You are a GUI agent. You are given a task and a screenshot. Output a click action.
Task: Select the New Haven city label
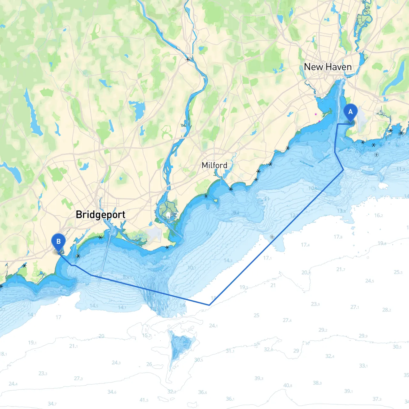(x=328, y=67)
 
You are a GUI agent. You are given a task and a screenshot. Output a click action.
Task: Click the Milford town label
(x=214, y=165)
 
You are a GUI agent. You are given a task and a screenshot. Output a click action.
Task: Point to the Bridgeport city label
(x=100, y=214)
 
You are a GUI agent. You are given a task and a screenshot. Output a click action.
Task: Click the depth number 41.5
(x=144, y=400)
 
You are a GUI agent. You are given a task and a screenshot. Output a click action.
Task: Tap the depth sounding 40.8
(x=288, y=385)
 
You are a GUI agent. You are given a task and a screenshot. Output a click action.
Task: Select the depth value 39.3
(x=259, y=378)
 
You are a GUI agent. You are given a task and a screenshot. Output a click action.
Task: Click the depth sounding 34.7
(x=52, y=404)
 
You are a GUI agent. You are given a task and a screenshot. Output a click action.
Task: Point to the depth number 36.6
(x=202, y=392)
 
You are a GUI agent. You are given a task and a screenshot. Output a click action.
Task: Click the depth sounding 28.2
(x=386, y=310)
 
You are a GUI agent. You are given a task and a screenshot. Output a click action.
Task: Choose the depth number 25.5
(x=398, y=272)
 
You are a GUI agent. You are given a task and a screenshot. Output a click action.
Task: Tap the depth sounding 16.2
(x=379, y=215)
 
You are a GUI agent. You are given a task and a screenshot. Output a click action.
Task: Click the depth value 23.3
(x=43, y=373)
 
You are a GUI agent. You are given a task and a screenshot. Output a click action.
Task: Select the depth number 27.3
(x=78, y=378)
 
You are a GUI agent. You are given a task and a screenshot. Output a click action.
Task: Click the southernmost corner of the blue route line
(x=209, y=305)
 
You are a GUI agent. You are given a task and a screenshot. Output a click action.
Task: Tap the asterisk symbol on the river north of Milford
(x=188, y=59)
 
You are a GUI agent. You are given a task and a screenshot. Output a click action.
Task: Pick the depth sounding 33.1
(x=363, y=366)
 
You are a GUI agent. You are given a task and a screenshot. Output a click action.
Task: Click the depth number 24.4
(x=13, y=383)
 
